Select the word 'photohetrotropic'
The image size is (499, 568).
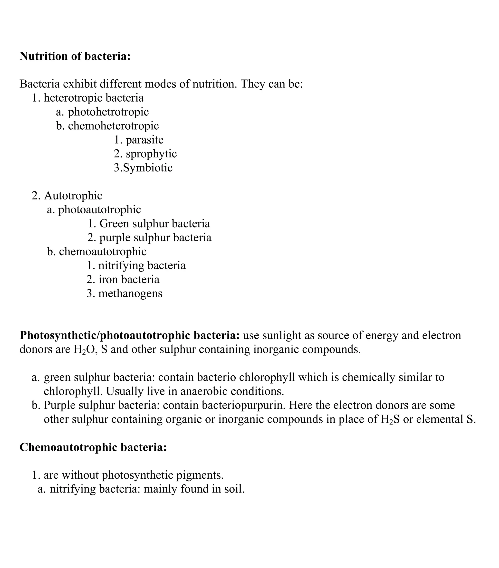point(108,112)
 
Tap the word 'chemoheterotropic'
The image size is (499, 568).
point(114,126)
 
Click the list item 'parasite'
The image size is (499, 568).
point(144,140)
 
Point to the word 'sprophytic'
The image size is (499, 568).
point(151,154)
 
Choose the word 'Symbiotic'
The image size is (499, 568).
point(148,168)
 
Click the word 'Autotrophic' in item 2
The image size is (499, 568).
point(73,196)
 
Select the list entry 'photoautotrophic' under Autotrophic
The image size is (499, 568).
point(99,210)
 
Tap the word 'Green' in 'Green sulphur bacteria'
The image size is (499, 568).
point(114,223)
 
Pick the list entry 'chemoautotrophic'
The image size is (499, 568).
point(103,252)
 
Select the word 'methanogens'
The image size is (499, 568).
point(130,294)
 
